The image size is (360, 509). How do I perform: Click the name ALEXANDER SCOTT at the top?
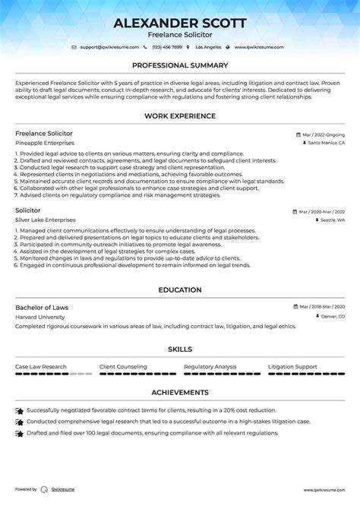click(180, 23)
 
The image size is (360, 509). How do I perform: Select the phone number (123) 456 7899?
click(168, 47)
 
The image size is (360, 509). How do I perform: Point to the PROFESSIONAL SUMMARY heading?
click(180, 66)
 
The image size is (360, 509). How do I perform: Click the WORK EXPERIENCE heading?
click(180, 116)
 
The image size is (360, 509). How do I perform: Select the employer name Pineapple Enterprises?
click(45, 142)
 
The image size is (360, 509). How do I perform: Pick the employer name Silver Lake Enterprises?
click(46, 220)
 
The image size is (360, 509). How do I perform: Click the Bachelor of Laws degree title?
click(42, 307)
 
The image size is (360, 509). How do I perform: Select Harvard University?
click(41, 316)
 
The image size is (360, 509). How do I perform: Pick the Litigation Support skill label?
click(292, 367)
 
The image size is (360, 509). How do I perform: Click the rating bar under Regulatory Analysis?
click(221, 375)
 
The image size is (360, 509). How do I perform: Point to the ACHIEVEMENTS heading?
click(180, 392)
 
